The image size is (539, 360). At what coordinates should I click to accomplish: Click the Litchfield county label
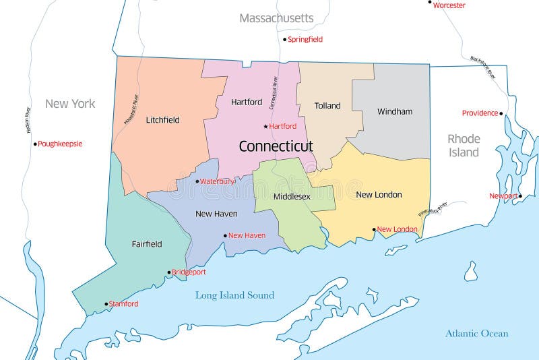162,120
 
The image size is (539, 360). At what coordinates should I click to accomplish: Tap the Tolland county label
327,106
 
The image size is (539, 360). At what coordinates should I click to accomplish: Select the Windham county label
395,111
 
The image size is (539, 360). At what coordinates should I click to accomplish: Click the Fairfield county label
146,244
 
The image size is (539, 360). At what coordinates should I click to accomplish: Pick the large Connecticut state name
276,146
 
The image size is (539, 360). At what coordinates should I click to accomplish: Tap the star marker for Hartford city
265,126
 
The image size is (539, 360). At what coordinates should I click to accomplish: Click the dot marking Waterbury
197,181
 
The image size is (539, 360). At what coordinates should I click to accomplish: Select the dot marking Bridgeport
169,272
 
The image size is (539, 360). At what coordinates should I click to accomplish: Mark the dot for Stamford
106,304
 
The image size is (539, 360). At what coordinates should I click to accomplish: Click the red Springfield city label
305,39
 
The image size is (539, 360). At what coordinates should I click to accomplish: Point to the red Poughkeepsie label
60,144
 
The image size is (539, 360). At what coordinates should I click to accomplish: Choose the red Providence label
480,113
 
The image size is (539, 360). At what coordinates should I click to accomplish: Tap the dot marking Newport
520,196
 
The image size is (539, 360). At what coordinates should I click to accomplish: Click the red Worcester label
449,5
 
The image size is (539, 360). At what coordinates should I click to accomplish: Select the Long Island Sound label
234,295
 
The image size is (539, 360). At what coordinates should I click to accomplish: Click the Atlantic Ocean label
476,334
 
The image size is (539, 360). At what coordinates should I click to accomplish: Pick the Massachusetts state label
276,18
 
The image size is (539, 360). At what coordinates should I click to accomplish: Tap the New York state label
70,104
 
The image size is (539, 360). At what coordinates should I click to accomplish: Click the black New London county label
379,195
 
